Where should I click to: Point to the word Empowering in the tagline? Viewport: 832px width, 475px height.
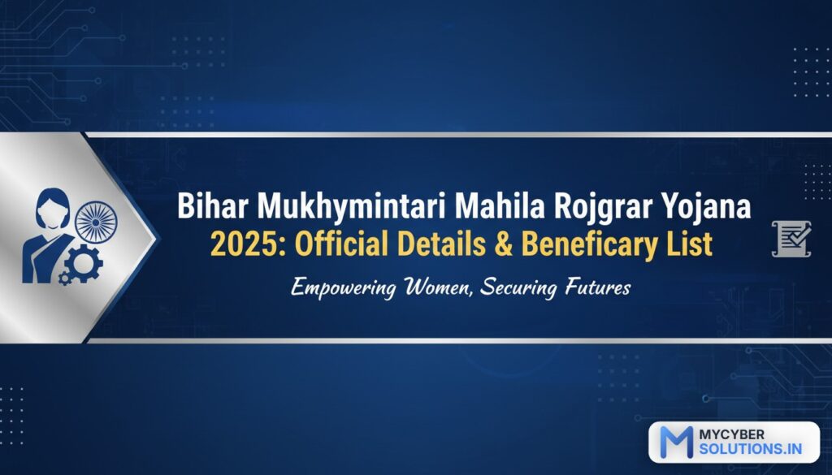coord(344,289)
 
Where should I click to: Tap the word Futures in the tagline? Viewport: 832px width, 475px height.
coord(598,288)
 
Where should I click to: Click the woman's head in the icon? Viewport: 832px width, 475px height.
coord(53,209)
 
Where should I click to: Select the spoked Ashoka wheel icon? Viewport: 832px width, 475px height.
coord(96,222)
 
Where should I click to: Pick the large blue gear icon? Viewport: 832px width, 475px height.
coord(84,263)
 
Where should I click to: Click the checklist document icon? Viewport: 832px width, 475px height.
coord(791,239)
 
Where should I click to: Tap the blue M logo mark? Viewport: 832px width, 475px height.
coord(676,442)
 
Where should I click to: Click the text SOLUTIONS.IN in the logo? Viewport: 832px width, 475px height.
coord(750,448)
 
